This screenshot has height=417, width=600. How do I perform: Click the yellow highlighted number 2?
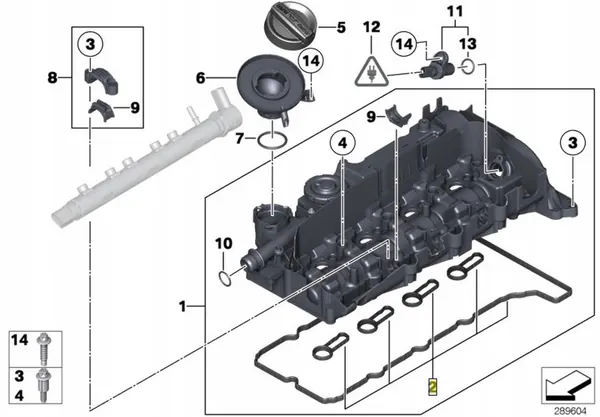coord(432,384)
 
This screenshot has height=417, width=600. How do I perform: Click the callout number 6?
coord(200,77)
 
